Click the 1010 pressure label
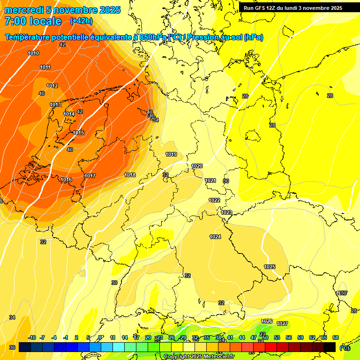(x=33, y=53)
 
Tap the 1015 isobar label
(x=78, y=133)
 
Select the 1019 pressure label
(x=171, y=154)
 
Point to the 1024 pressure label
(x=215, y=237)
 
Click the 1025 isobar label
(x=270, y=267)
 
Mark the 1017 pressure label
(x=90, y=176)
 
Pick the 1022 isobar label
(x=214, y=200)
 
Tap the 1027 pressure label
(x=282, y=323)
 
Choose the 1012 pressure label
(x=52, y=86)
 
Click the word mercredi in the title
(x=24, y=10)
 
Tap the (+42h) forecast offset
(x=81, y=21)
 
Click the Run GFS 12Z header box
(x=292, y=8)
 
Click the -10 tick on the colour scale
(x=32, y=337)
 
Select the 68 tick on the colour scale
(x=336, y=337)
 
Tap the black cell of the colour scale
(x=330, y=347)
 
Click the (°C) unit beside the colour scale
(x=345, y=348)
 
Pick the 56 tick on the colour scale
(x=289, y=337)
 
